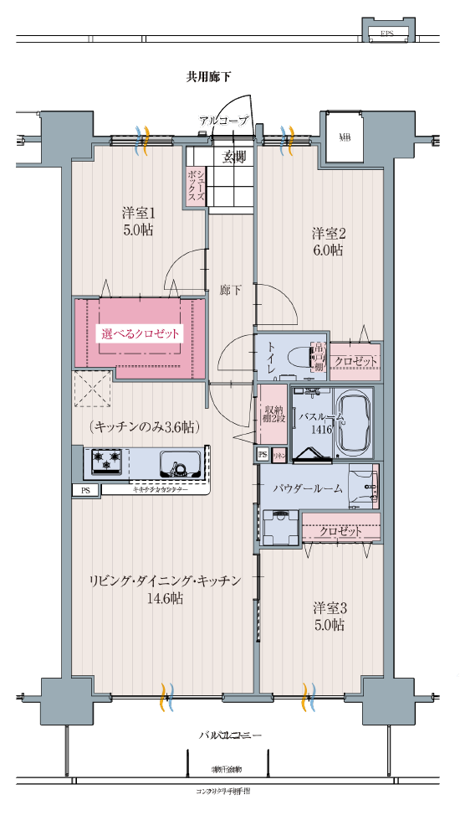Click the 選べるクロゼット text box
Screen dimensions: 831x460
(141, 333)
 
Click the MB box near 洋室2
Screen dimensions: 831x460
(345, 137)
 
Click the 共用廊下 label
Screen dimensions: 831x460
(208, 77)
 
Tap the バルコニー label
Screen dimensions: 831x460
(230, 735)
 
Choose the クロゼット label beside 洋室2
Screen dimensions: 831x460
(355, 361)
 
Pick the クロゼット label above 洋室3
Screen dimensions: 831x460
(340, 531)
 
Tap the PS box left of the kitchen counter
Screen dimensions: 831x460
(85, 491)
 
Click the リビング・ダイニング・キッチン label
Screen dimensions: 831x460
(165, 581)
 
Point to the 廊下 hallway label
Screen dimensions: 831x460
(230, 290)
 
